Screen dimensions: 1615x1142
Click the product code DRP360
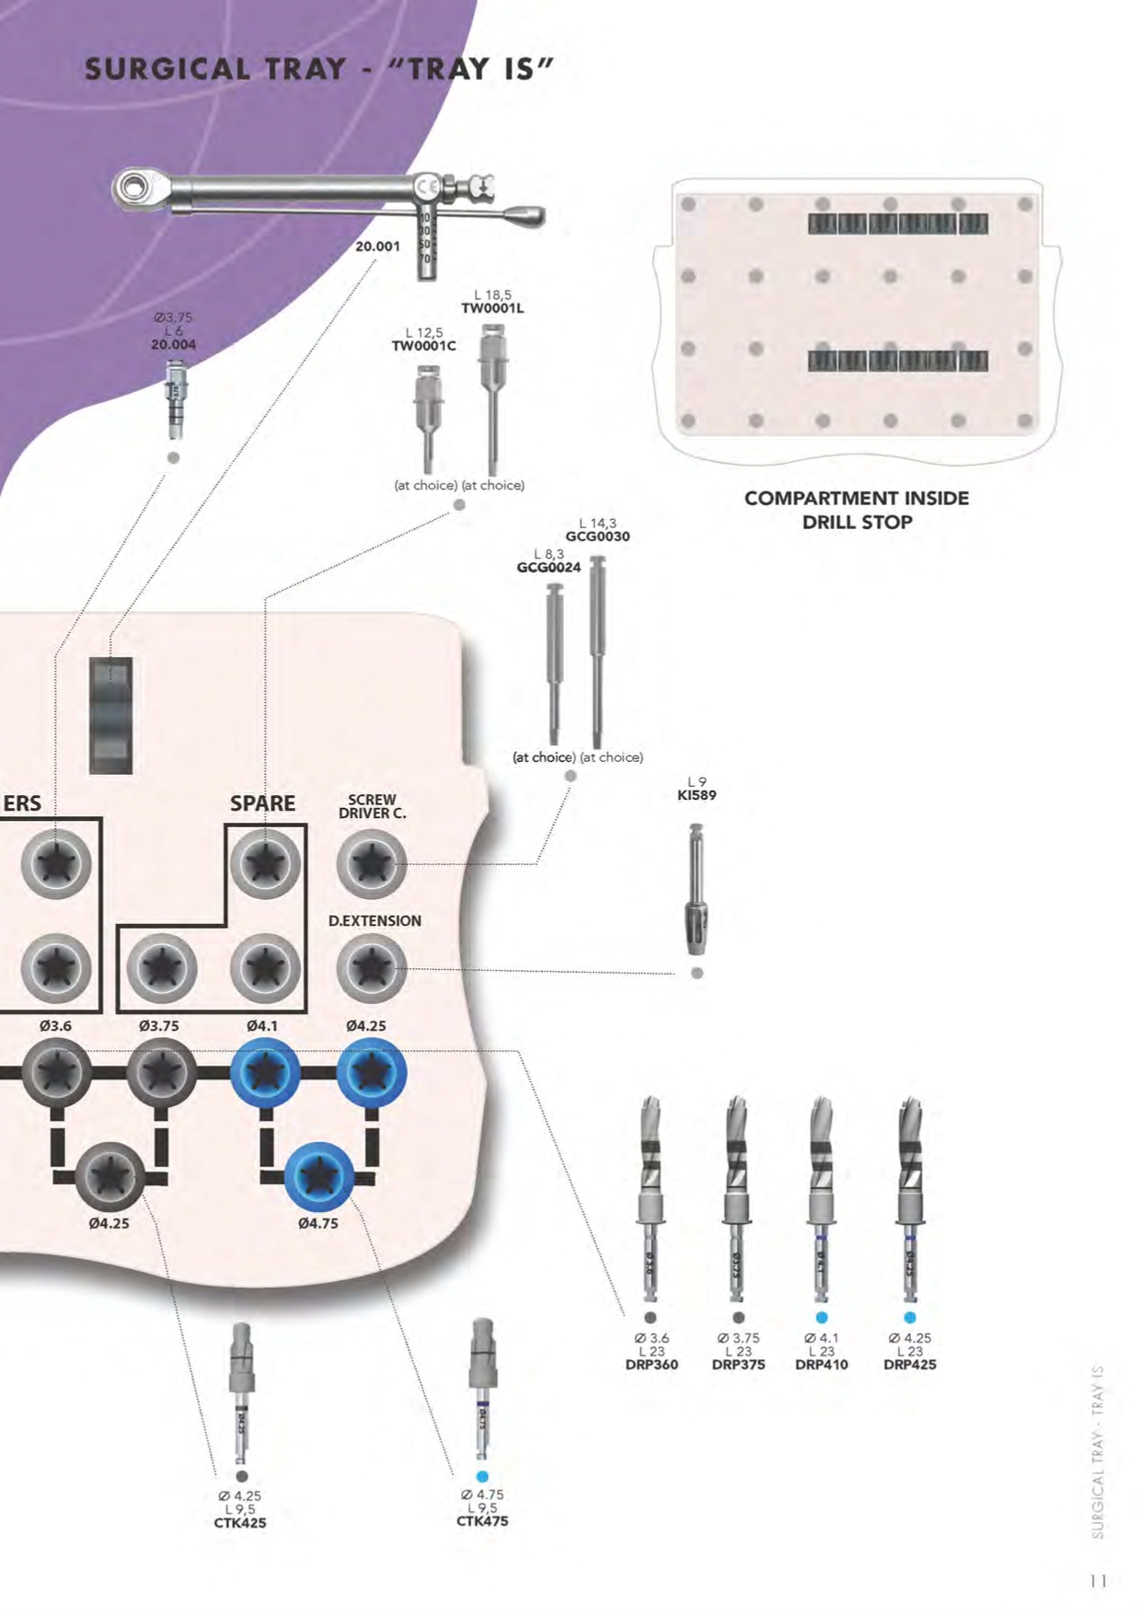tap(652, 1365)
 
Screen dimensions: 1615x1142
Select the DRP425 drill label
tap(909, 1365)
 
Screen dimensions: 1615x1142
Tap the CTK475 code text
tap(482, 1521)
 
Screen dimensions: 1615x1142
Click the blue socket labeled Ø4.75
tap(318, 1176)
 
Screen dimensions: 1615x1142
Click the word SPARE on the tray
tap(262, 803)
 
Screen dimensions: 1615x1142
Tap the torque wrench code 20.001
tap(377, 247)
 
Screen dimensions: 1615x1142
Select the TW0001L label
tap(492, 308)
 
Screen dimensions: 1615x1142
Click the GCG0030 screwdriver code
tap(597, 536)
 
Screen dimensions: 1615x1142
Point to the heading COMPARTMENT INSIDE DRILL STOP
tap(857, 510)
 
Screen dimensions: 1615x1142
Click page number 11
tap(1097, 1581)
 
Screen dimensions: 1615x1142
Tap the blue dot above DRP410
tap(822, 1318)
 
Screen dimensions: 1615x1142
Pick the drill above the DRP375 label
tap(737, 1196)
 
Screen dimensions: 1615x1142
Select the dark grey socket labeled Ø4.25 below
tap(110, 1176)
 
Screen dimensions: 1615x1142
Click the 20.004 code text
tap(173, 345)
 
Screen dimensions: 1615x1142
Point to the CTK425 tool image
tap(240, 1391)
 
